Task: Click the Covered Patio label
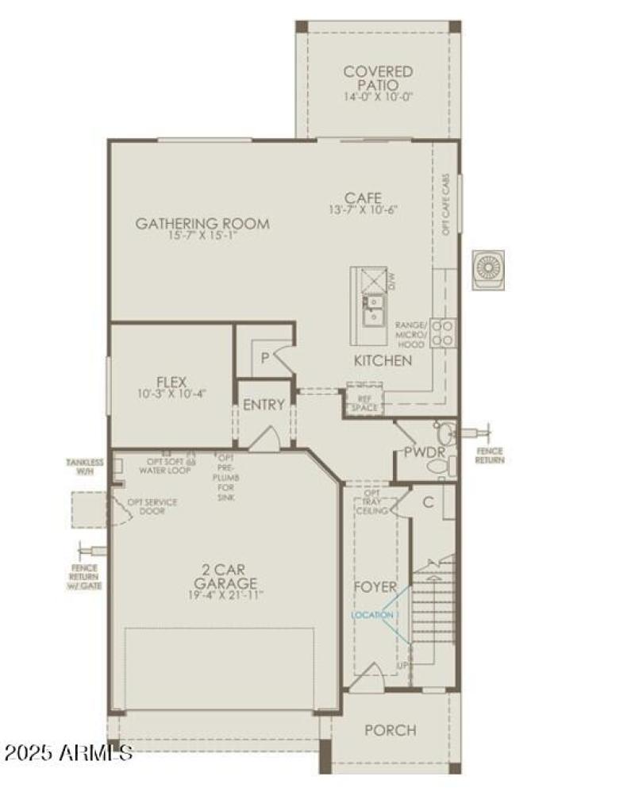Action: (379, 78)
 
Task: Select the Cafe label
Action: (363, 198)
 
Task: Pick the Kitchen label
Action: (383, 361)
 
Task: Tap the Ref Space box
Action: (364, 401)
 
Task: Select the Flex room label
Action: (171, 382)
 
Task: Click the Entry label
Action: (264, 405)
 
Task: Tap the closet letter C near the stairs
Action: (428, 502)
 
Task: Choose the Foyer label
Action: (375, 587)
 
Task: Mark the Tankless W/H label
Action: (85, 467)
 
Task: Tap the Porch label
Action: (390, 730)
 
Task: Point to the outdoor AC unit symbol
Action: (488, 269)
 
